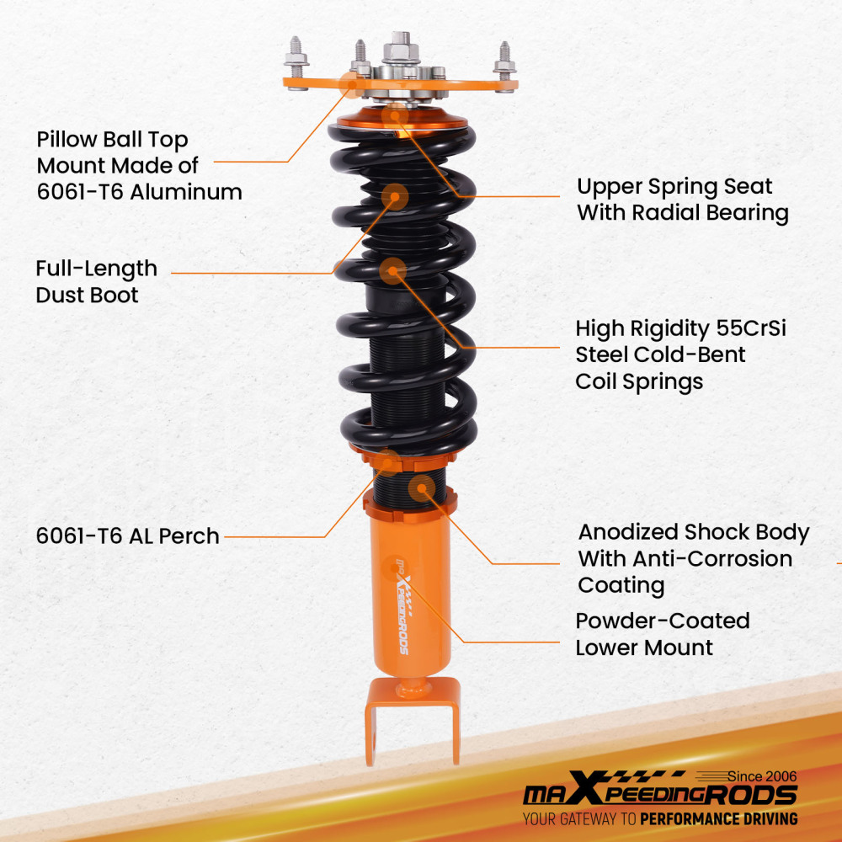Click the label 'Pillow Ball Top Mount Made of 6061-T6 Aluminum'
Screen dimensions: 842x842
pyautogui.click(x=139, y=166)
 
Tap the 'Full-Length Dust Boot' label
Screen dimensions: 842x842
pyautogui.click(x=96, y=281)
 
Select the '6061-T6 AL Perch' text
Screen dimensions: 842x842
pyautogui.click(x=127, y=536)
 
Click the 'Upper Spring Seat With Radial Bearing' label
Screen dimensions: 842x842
pyautogui.click(x=682, y=200)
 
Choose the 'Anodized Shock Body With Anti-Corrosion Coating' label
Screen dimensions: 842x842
pyautogui.click(x=693, y=558)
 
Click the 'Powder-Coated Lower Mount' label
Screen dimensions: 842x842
pyautogui.click(x=662, y=634)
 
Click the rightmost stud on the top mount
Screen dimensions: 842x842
pyautogui.click(x=504, y=61)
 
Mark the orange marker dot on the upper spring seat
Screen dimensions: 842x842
pyautogui.click(x=392, y=116)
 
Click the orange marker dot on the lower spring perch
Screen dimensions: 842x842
pyautogui.click(x=387, y=461)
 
